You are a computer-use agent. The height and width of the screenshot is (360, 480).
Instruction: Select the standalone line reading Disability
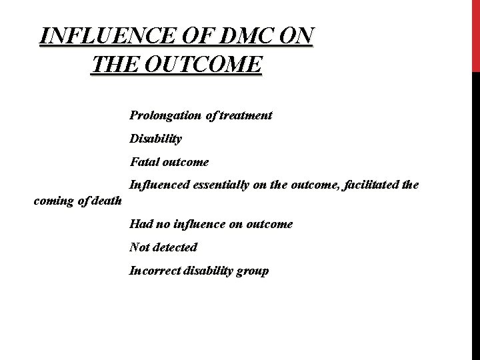(156, 139)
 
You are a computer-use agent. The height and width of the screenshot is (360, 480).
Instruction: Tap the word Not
(140, 247)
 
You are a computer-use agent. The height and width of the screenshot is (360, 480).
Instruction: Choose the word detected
(175, 247)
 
